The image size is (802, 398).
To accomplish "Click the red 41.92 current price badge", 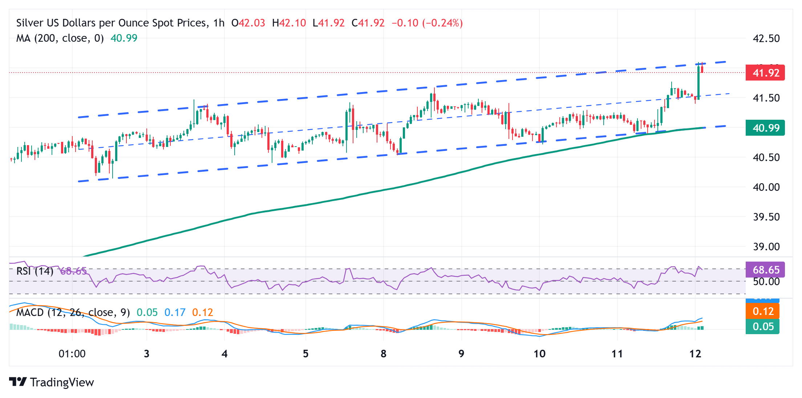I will coord(765,73).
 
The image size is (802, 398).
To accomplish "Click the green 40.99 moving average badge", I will coord(765,128).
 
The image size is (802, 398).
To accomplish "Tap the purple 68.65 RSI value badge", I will coord(765,270).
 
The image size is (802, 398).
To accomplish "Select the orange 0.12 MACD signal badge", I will coord(762,311).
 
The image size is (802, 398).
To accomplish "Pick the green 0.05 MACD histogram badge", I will coord(762,327).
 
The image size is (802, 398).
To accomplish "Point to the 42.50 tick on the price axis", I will coord(766,38).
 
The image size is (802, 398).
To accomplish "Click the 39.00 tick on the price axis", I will coord(766,247).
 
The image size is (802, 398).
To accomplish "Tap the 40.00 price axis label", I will coord(766,187).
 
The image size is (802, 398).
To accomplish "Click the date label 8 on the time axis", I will coord(383,354).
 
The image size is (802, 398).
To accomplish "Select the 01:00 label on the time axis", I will coord(72,354).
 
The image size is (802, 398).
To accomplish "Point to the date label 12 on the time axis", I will coord(695,354).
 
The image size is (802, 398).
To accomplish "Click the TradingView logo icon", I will coord(18,382).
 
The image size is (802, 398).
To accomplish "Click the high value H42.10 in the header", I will coord(289,23).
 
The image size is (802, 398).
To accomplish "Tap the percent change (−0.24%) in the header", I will coord(442,23).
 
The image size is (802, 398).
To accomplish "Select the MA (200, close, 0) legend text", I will coord(60,38).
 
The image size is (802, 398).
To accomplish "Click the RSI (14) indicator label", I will coord(35,271).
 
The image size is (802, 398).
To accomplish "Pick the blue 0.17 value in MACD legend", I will coord(175,312).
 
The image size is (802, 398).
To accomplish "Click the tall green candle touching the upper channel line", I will coord(698,82).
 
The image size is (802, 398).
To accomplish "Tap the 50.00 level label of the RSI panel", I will coord(766,282).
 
